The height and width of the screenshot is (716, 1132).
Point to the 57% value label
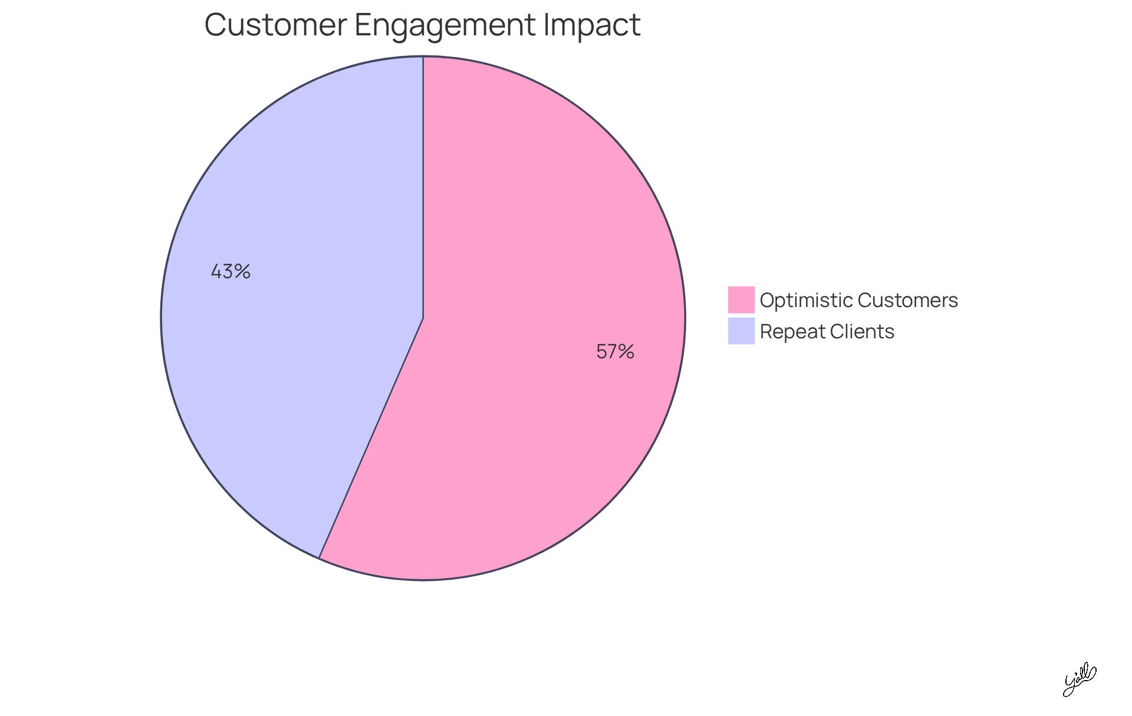[x=615, y=352]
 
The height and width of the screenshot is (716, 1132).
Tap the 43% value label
[x=231, y=272]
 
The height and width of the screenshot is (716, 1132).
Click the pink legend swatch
[x=741, y=299]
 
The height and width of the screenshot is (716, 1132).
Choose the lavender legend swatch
[x=741, y=331]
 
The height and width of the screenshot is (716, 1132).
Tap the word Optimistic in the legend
[x=806, y=301]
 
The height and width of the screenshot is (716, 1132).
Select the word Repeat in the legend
[x=792, y=332]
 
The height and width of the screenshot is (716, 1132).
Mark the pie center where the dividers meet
[x=423, y=318]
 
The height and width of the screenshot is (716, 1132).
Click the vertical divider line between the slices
[x=423, y=189]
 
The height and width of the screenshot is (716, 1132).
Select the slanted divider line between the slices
[x=371, y=438]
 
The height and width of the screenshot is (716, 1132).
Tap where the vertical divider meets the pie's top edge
[x=423, y=57]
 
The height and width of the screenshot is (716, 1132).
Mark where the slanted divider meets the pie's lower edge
[x=319, y=557]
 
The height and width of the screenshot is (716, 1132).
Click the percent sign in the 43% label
[x=242, y=272]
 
